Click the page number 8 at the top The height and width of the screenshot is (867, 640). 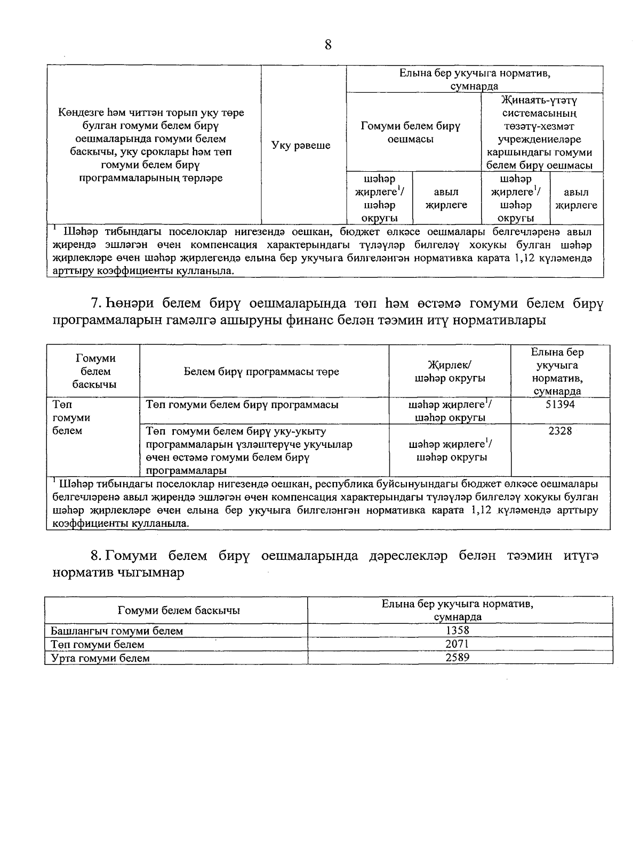click(x=328, y=45)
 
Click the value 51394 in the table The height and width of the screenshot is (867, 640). click(x=560, y=404)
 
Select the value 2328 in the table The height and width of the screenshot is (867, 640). click(x=560, y=431)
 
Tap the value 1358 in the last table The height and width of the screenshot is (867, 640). click(x=458, y=631)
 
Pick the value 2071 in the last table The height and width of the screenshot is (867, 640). click(x=458, y=644)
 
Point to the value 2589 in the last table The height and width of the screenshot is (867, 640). click(x=458, y=657)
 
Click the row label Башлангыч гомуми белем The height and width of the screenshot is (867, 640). click(x=117, y=631)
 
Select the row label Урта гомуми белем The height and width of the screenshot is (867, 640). click(x=100, y=658)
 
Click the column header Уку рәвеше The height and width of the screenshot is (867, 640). click(x=301, y=146)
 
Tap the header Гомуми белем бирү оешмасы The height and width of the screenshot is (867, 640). click(x=410, y=132)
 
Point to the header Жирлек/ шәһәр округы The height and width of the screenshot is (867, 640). click(x=450, y=372)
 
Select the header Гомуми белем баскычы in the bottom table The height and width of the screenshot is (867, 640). click(x=178, y=611)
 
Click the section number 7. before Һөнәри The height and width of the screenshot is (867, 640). click(x=97, y=304)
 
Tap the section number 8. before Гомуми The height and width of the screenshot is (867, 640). click(x=96, y=556)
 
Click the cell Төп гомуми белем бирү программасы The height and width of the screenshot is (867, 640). click(x=242, y=405)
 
